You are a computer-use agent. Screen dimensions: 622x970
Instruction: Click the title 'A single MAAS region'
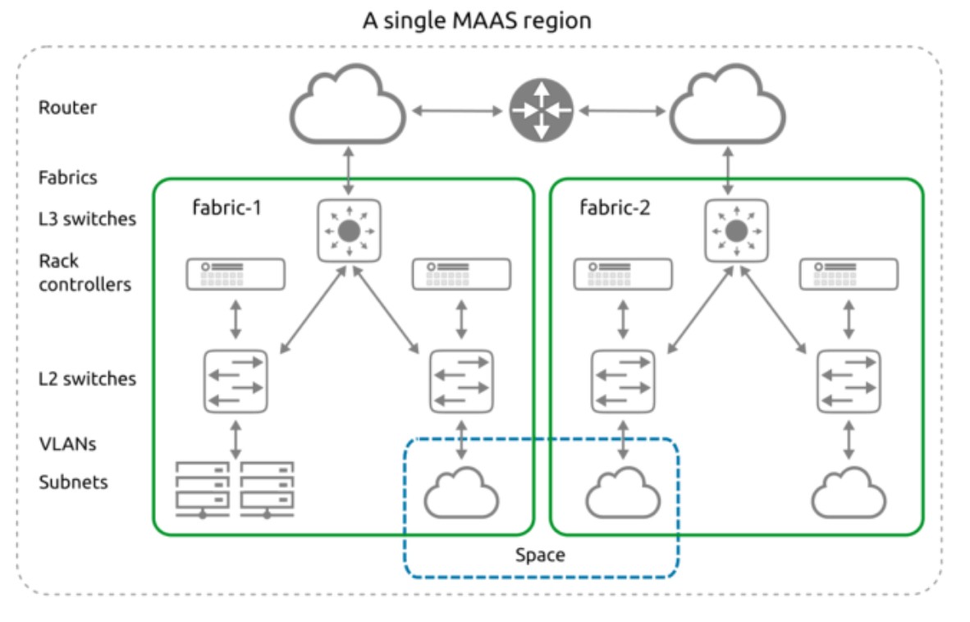coord(477,21)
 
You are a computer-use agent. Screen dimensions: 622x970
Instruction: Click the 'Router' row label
coord(67,107)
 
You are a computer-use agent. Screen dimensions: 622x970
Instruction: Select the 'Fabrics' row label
coord(67,176)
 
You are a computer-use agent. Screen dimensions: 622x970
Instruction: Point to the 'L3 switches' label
coord(87,219)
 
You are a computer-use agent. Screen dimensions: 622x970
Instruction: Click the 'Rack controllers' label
coord(85,272)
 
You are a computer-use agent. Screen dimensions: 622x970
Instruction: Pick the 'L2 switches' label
coord(87,378)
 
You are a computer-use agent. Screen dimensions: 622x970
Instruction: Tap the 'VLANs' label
coord(67,444)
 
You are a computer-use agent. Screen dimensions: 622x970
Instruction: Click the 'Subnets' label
coord(73,482)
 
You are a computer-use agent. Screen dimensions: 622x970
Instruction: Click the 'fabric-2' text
coord(615,208)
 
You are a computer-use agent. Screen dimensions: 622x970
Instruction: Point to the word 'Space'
coord(540,556)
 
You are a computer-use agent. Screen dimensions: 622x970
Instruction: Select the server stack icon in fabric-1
coord(235,490)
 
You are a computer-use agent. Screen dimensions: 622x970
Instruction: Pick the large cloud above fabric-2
coord(727,109)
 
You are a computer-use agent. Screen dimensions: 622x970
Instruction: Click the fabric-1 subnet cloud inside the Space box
coord(461,491)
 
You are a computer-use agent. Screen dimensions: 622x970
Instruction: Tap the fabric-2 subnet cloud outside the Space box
coord(849,491)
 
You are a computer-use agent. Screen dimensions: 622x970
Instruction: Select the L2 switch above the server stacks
coord(236,382)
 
